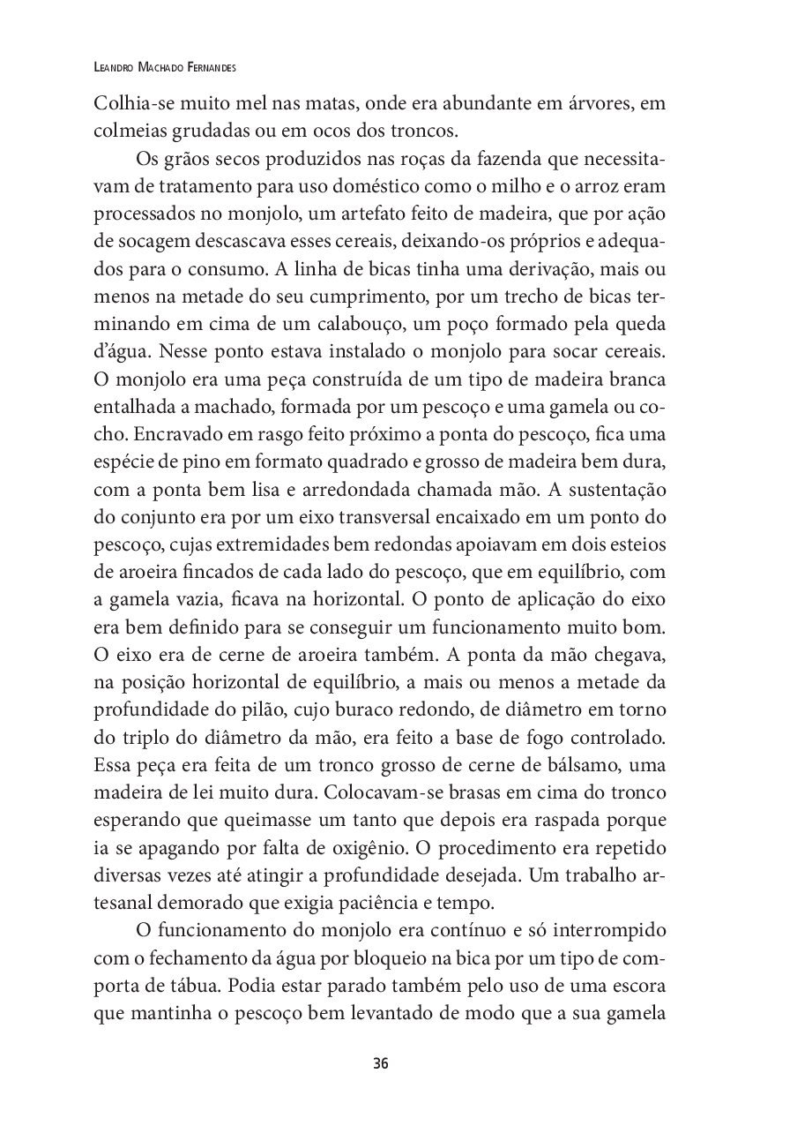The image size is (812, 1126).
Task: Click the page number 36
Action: click(381, 1062)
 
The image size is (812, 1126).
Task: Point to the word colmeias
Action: click(125, 131)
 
